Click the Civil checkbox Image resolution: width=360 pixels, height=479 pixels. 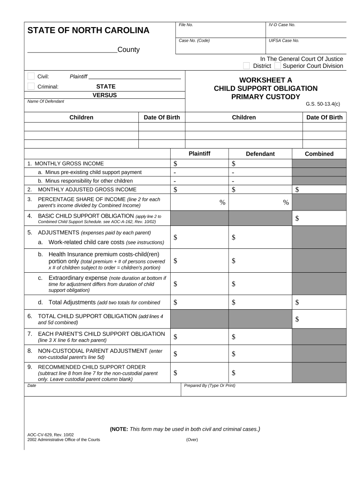tap(31, 76)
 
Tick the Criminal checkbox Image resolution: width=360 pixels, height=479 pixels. tap(31, 86)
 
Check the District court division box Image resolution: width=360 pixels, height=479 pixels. tap(246, 66)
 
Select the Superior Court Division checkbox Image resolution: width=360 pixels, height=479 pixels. tap(278, 66)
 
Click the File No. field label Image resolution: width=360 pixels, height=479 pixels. tap(186, 25)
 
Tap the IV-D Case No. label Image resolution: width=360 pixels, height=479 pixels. tap(282, 25)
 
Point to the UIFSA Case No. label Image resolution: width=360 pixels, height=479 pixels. tap(284, 41)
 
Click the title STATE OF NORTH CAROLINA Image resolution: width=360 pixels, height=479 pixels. tap(88, 31)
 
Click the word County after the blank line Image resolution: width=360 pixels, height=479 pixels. tap(129, 50)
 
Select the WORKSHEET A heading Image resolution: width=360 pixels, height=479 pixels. tap(266, 80)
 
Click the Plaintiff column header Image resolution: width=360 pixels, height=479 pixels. tap(200, 153)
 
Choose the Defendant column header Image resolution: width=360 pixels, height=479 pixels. tap(260, 154)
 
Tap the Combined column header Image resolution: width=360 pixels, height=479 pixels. tap(319, 154)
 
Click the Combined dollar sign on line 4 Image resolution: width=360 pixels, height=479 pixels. tap(297, 218)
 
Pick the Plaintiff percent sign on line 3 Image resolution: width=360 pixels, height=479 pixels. tap(223, 203)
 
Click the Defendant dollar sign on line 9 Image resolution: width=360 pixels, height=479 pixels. tap(234, 373)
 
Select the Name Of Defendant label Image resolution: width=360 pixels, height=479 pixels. tap(46, 102)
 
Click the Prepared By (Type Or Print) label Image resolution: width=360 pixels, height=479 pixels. tap(209, 386)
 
